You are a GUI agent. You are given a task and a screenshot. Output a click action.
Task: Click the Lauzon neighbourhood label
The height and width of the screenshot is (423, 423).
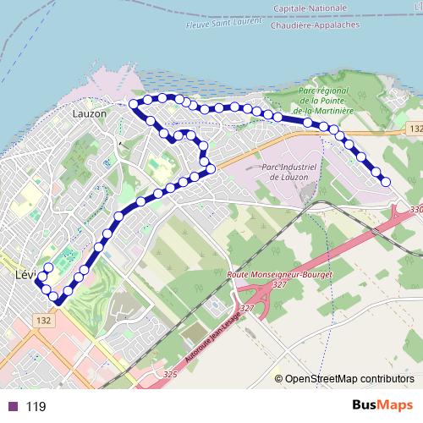[90, 113]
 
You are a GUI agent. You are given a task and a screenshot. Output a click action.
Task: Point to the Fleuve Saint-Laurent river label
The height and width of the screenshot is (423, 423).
[222, 23]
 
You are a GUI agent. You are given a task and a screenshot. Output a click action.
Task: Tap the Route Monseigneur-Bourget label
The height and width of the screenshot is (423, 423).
[281, 276]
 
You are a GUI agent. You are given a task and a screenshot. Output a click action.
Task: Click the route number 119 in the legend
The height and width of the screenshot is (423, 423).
[36, 407]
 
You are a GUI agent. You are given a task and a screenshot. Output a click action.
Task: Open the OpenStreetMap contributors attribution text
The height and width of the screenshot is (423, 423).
[349, 379]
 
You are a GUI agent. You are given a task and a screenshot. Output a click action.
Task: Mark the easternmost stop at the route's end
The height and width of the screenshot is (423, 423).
[386, 181]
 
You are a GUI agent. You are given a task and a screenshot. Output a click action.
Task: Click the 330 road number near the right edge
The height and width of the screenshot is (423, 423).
[415, 209]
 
